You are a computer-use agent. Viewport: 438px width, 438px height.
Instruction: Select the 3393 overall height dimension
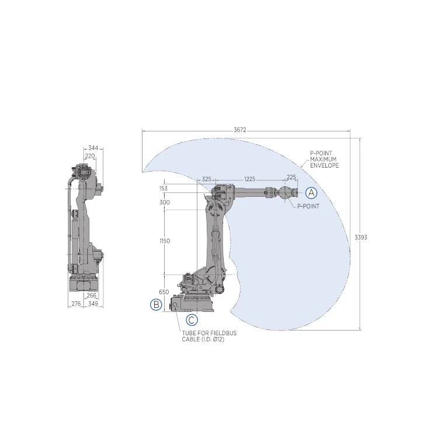pyautogui.click(x=361, y=237)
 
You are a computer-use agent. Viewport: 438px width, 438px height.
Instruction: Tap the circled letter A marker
pyautogui.click(x=311, y=192)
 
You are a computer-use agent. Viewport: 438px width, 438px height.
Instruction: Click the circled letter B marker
pyautogui.click(x=156, y=304)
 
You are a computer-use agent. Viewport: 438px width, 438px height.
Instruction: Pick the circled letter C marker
pyautogui.click(x=192, y=320)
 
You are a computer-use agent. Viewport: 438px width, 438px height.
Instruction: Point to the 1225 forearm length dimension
pyautogui.click(x=250, y=179)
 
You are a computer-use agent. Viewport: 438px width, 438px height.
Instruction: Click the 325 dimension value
pyautogui.click(x=207, y=179)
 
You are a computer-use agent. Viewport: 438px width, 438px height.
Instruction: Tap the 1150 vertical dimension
pyautogui.click(x=164, y=241)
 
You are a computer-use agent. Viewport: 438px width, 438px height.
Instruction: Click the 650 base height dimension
pyautogui.click(x=164, y=292)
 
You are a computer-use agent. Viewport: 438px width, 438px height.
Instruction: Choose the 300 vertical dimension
pyautogui.click(x=164, y=202)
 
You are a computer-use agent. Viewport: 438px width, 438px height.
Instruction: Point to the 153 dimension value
pyautogui.click(x=163, y=189)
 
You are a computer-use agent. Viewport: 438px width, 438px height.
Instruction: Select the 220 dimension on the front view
pyautogui.click(x=89, y=157)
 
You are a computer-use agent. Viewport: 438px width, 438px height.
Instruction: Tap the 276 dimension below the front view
pyautogui.click(x=75, y=304)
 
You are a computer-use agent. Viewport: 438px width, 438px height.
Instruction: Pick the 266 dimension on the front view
pyautogui.click(x=91, y=296)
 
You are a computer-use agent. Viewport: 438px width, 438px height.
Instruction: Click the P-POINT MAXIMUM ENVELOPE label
pyautogui.click(x=324, y=159)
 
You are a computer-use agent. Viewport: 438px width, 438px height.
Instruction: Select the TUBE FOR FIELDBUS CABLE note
pyautogui.click(x=203, y=336)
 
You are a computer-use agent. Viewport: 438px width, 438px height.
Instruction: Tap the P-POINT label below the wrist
pyautogui.click(x=308, y=206)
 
